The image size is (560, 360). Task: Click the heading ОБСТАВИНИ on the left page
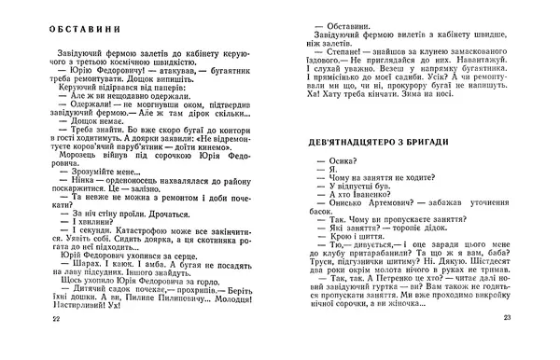[69, 28]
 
